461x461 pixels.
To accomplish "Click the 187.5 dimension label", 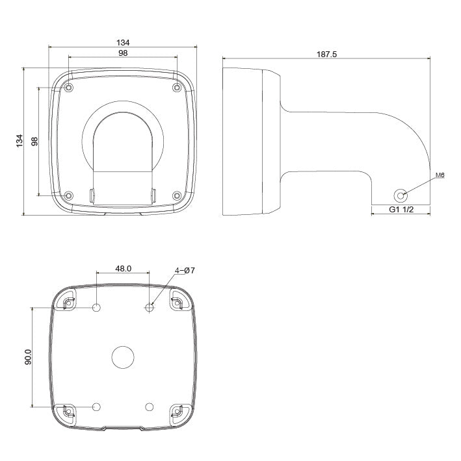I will coord(326,55).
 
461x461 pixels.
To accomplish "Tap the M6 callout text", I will coord(439,175).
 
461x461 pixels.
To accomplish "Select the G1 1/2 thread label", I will coord(402,210).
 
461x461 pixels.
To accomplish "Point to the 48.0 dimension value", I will coord(124,268).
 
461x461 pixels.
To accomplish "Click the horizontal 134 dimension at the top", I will coord(123,42).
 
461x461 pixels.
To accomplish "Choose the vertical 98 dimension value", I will coord(34,140).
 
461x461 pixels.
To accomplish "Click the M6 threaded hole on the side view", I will coord(401,195).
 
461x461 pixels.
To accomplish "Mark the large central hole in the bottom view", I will coord(123,356).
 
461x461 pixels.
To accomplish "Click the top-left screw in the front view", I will coord(70,88).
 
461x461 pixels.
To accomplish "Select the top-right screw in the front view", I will coord(176,88).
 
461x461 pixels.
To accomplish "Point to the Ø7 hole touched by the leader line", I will coord(150,307).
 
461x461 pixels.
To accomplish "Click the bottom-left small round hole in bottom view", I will coord(97,406).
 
